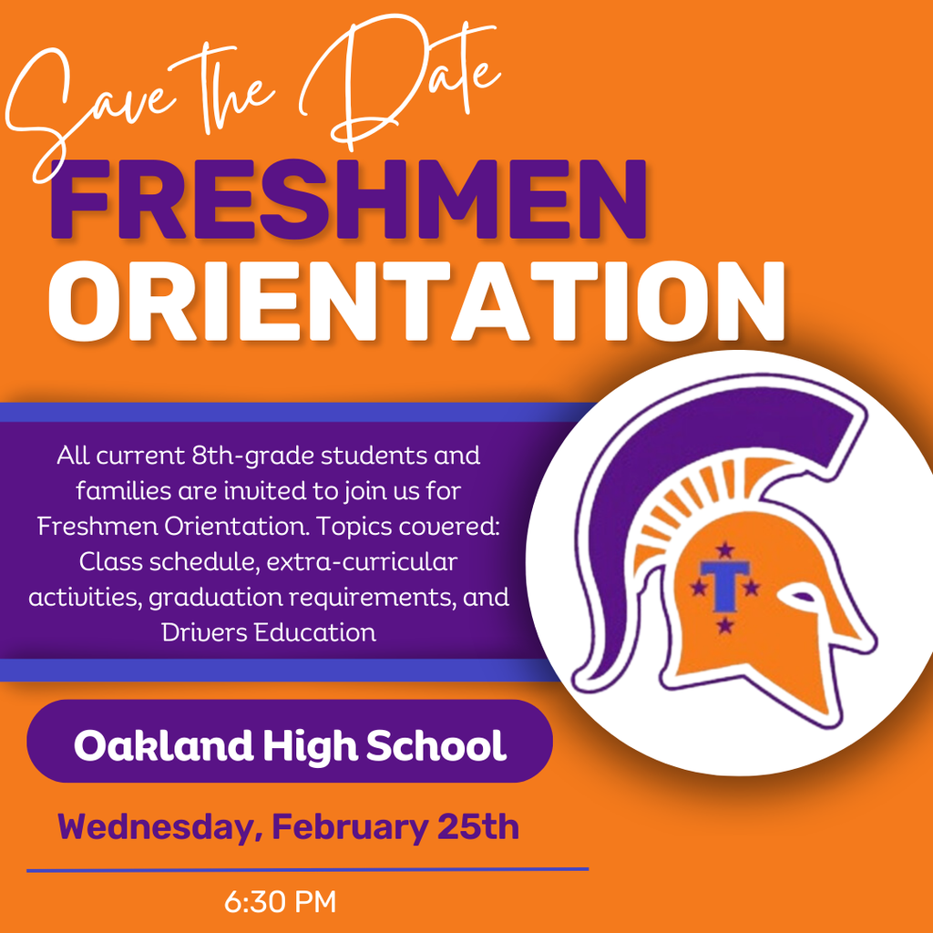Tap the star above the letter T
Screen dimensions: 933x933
click(725, 549)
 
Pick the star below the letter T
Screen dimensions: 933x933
click(725, 625)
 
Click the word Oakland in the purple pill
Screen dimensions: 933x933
click(163, 745)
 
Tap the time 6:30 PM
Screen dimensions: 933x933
click(281, 902)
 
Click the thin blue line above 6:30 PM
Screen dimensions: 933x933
click(307, 869)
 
